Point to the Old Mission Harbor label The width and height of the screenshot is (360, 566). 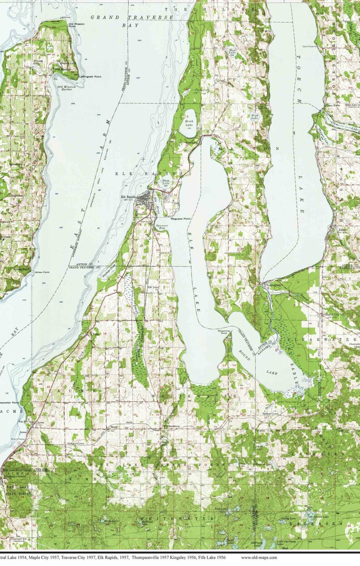coord(65,88)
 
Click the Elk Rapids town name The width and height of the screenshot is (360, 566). coord(129,197)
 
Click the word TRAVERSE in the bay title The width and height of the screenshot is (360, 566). coord(155,17)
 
